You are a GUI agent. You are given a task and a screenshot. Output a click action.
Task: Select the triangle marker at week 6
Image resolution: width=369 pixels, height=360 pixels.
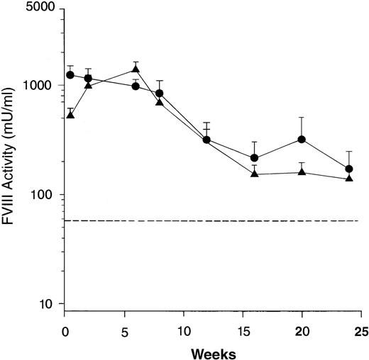click(x=136, y=69)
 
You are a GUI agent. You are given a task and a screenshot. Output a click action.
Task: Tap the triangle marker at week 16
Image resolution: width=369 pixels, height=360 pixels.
click(x=255, y=174)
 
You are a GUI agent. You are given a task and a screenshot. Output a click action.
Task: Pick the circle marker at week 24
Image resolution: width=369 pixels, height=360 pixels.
click(x=349, y=169)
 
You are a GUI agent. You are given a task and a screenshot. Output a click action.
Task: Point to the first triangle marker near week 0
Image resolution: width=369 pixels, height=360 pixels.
click(x=70, y=114)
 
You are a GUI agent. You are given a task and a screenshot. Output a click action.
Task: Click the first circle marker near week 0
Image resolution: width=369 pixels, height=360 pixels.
click(x=70, y=75)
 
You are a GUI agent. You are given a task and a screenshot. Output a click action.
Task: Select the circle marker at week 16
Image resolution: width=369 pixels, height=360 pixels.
click(x=255, y=158)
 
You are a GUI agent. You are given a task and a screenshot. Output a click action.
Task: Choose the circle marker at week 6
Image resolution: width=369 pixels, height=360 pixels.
click(x=136, y=86)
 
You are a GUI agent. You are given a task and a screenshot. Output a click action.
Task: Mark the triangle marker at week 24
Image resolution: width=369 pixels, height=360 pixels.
click(x=349, y=178)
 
